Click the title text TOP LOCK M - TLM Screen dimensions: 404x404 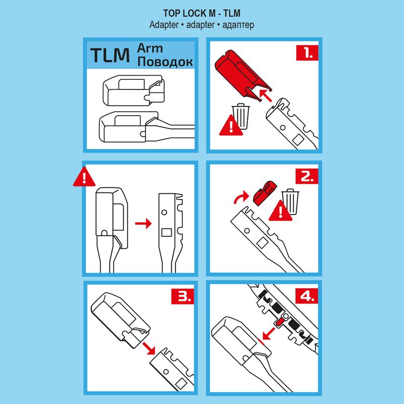point(201,13)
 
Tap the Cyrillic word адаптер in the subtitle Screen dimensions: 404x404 point(238,25)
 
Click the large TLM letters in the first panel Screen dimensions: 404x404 point(110,55)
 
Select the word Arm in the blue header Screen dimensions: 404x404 point(150,48)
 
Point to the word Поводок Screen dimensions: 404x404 point(165,62)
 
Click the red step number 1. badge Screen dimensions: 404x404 point(307,53)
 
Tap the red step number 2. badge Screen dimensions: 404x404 point(307,176)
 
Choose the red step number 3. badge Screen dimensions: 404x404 point(183,296)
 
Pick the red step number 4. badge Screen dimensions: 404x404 point(307,296)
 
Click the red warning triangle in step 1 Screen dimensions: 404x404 point(231,126)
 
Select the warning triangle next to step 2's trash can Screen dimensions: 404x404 point(280,211)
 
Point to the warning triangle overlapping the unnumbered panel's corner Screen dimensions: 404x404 point(84,177)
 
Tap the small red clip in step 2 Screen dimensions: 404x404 point(265,192)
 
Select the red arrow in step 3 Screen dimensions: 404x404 point(148,348)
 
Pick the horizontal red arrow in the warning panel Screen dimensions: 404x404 point(143,223)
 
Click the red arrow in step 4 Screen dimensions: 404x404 point(268,333)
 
